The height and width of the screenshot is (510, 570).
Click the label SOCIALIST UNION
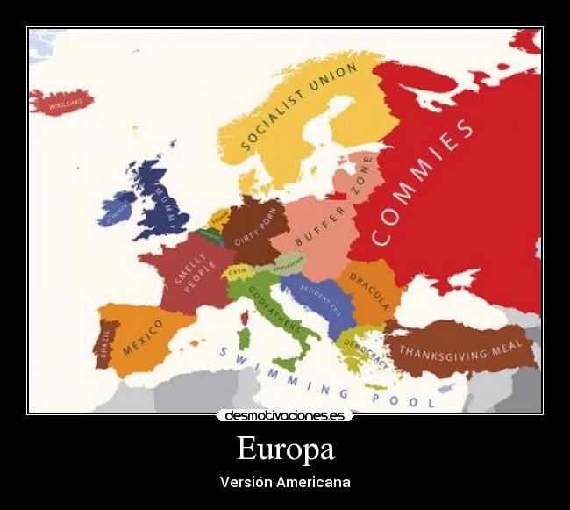click(x=298, y=106)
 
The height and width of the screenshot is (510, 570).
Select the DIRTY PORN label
click(x=255, y=225)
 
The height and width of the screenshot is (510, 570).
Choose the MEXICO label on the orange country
click(x=143, y=337)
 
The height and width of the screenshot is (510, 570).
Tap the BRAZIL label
click(x=104, y=344)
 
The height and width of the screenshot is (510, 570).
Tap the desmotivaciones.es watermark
click(x=285, y=415)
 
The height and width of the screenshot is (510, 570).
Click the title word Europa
click(x=285, y=449)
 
